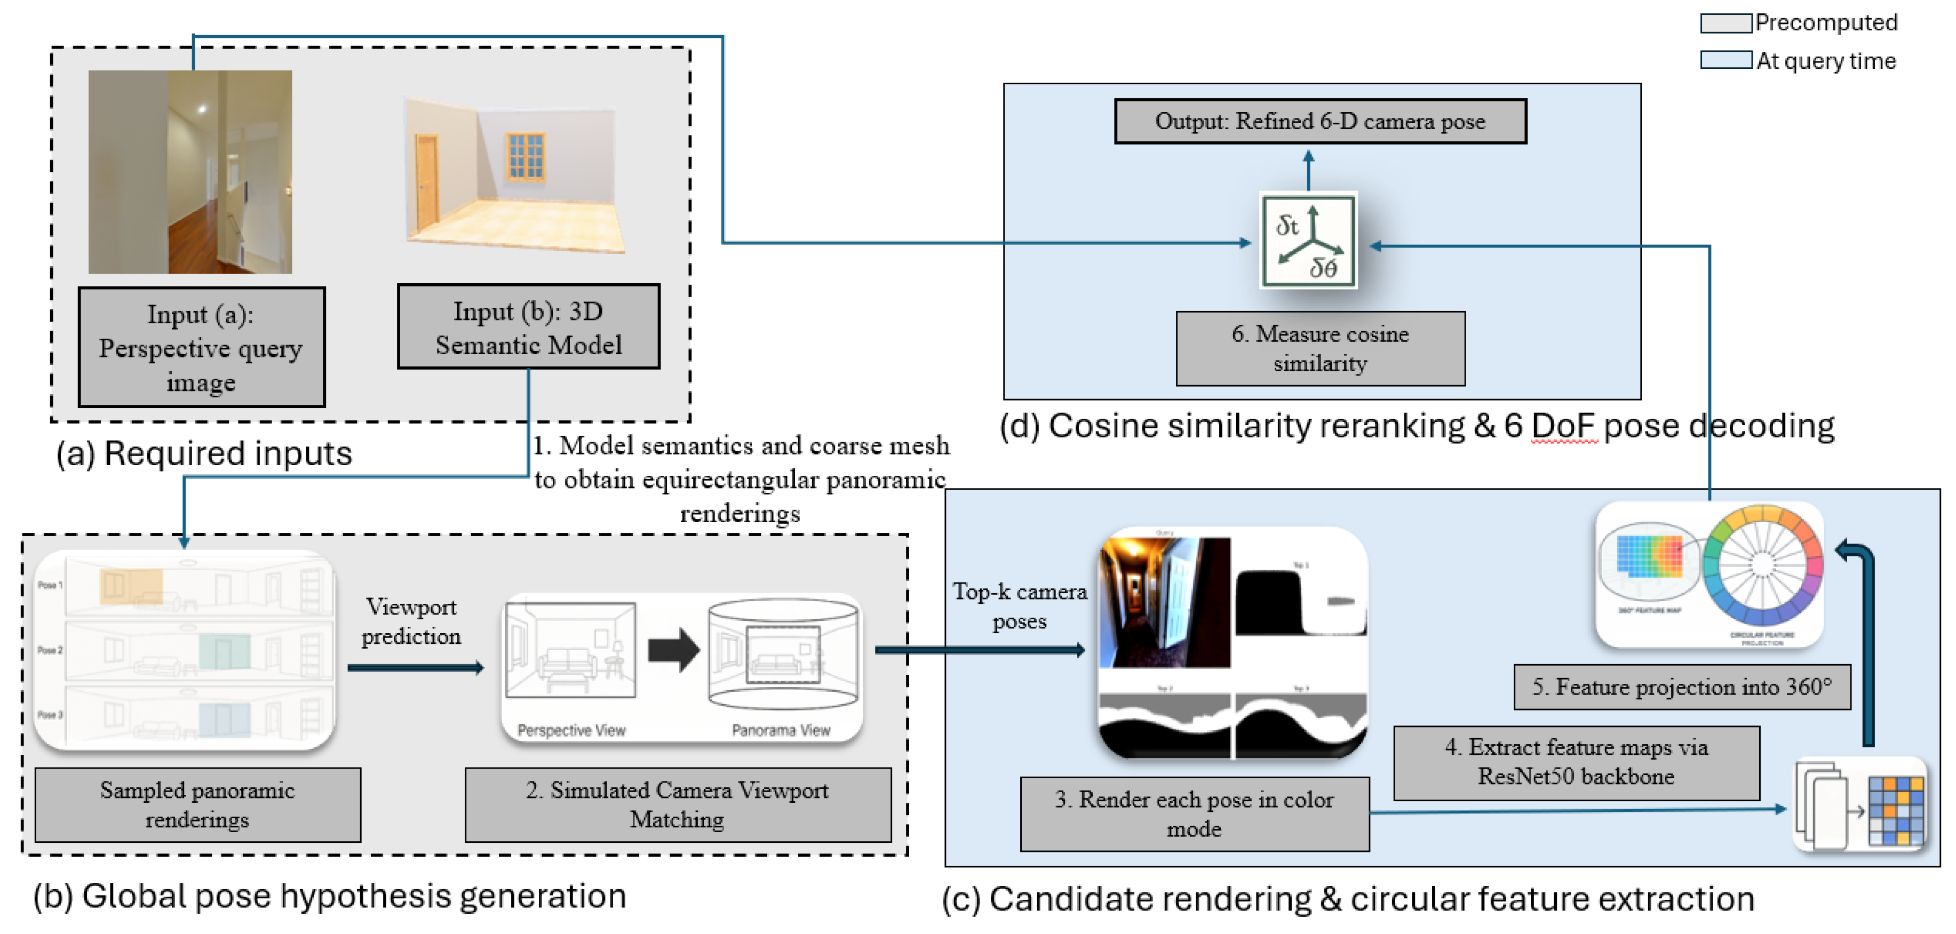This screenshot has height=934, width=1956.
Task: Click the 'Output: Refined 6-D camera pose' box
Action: coord(1319,122)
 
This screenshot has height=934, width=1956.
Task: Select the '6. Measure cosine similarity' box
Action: coord(1319,348)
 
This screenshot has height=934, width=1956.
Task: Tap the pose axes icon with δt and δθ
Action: coord(1308,241)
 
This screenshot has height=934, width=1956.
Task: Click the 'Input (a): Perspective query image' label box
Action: coord(201,347)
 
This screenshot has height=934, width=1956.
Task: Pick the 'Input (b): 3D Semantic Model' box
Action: coord(529,328)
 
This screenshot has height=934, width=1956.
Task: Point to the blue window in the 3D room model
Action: coord(526,156)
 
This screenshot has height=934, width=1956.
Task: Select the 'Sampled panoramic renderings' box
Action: coord(197,804)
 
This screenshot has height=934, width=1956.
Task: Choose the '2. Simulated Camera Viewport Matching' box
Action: coord(677,804)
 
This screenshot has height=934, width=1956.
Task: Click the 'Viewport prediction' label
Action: coord(411,621)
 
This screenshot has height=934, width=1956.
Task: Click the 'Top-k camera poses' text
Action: coord(1020,606)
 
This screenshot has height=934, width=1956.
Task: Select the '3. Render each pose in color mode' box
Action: coord(1195,813)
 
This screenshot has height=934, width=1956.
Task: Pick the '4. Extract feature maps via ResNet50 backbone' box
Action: coord(1576,762)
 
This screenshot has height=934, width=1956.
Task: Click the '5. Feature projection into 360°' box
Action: coord(1682,686)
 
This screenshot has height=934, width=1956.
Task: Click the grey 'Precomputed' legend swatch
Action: coord(1725,23)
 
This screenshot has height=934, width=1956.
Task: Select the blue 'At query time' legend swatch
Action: coord(1725,60)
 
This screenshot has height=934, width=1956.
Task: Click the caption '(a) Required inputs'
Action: coord(204,453)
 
